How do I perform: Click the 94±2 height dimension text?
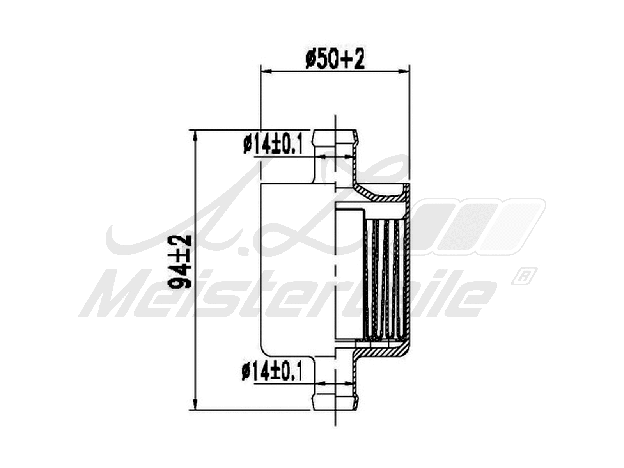[x=182, y=262]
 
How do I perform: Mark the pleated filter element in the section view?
[x=384, y=279]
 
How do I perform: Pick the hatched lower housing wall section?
[x=380, y=351]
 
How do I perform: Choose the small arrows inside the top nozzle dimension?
[x=335, y=157]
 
